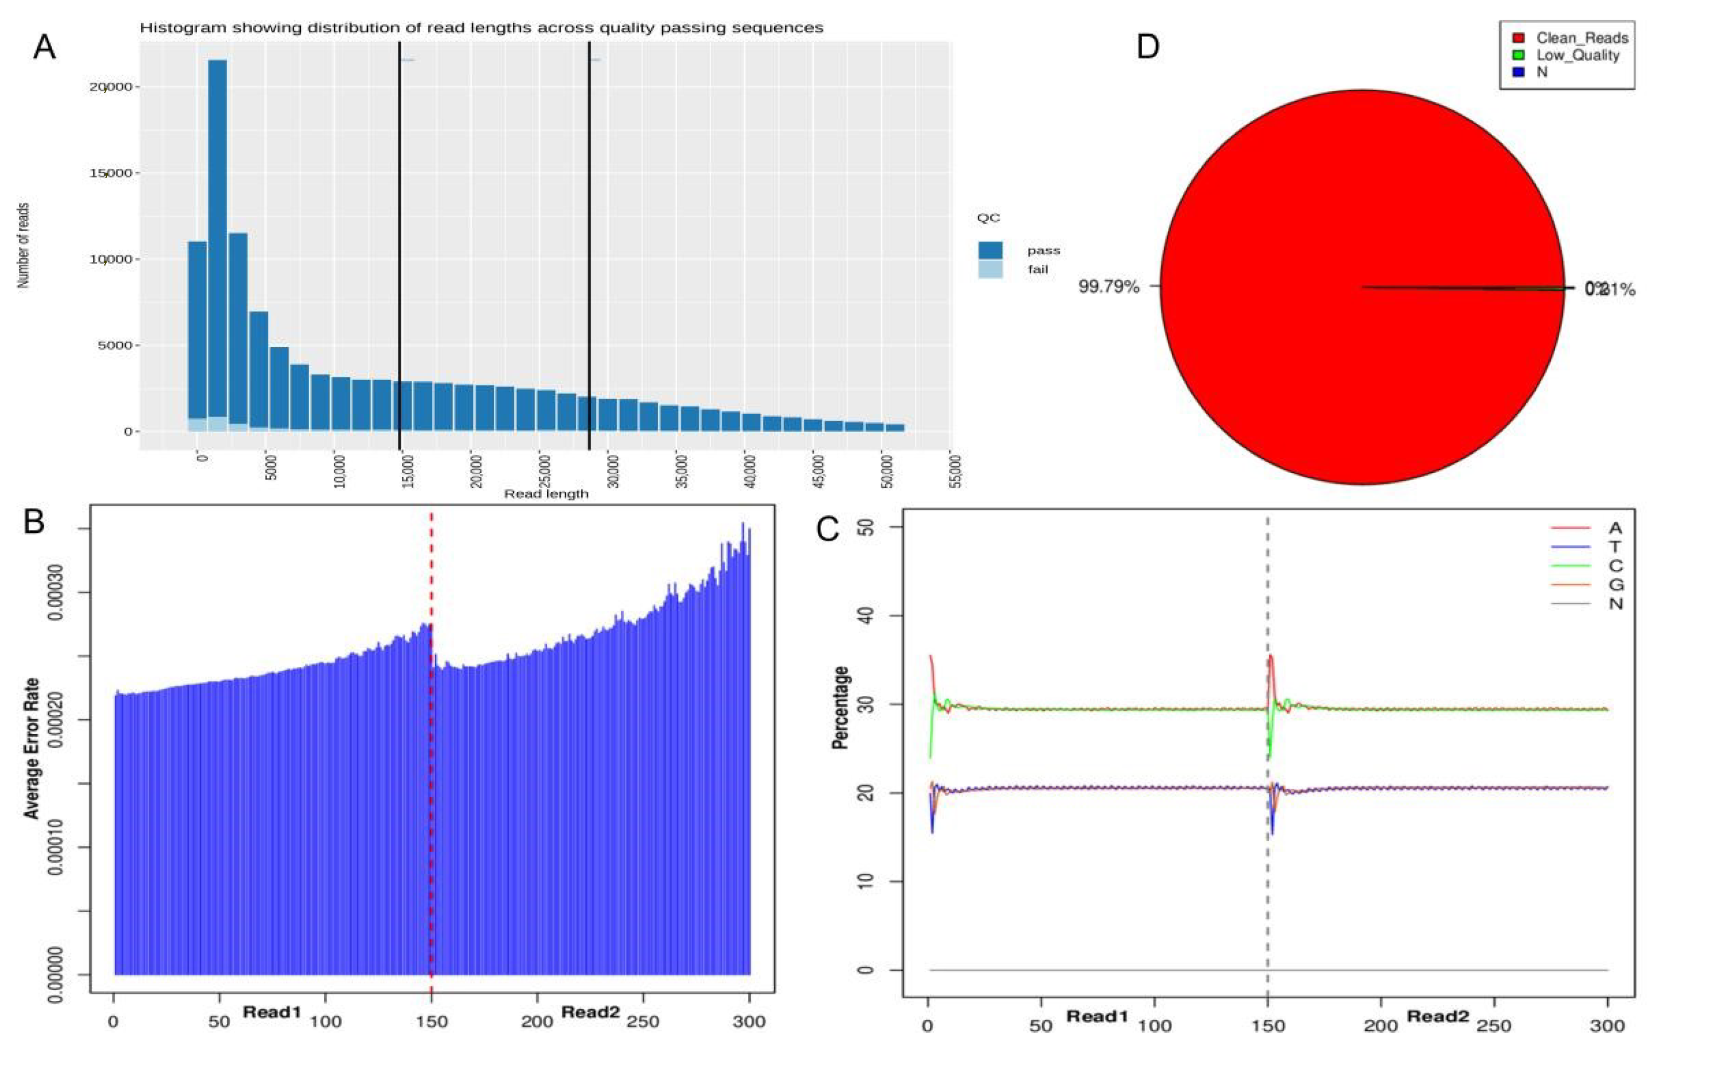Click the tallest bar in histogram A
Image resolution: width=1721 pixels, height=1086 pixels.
[218, 243]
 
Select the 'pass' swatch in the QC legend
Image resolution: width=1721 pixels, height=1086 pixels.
[990, 251]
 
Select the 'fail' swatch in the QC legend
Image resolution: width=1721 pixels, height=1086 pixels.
[990, 270]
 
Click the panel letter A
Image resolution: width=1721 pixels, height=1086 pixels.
[44, 49]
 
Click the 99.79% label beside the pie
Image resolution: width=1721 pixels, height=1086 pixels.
[1109, 288]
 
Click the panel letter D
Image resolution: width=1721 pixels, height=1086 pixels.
[1147, 47]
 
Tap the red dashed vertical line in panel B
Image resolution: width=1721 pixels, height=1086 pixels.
[431, 751]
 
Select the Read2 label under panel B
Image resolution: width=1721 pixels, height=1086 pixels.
[590, 1012]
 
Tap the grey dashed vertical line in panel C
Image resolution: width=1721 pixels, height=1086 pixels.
[1268, 858]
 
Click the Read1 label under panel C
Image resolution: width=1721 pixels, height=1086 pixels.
[1097, 1016]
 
